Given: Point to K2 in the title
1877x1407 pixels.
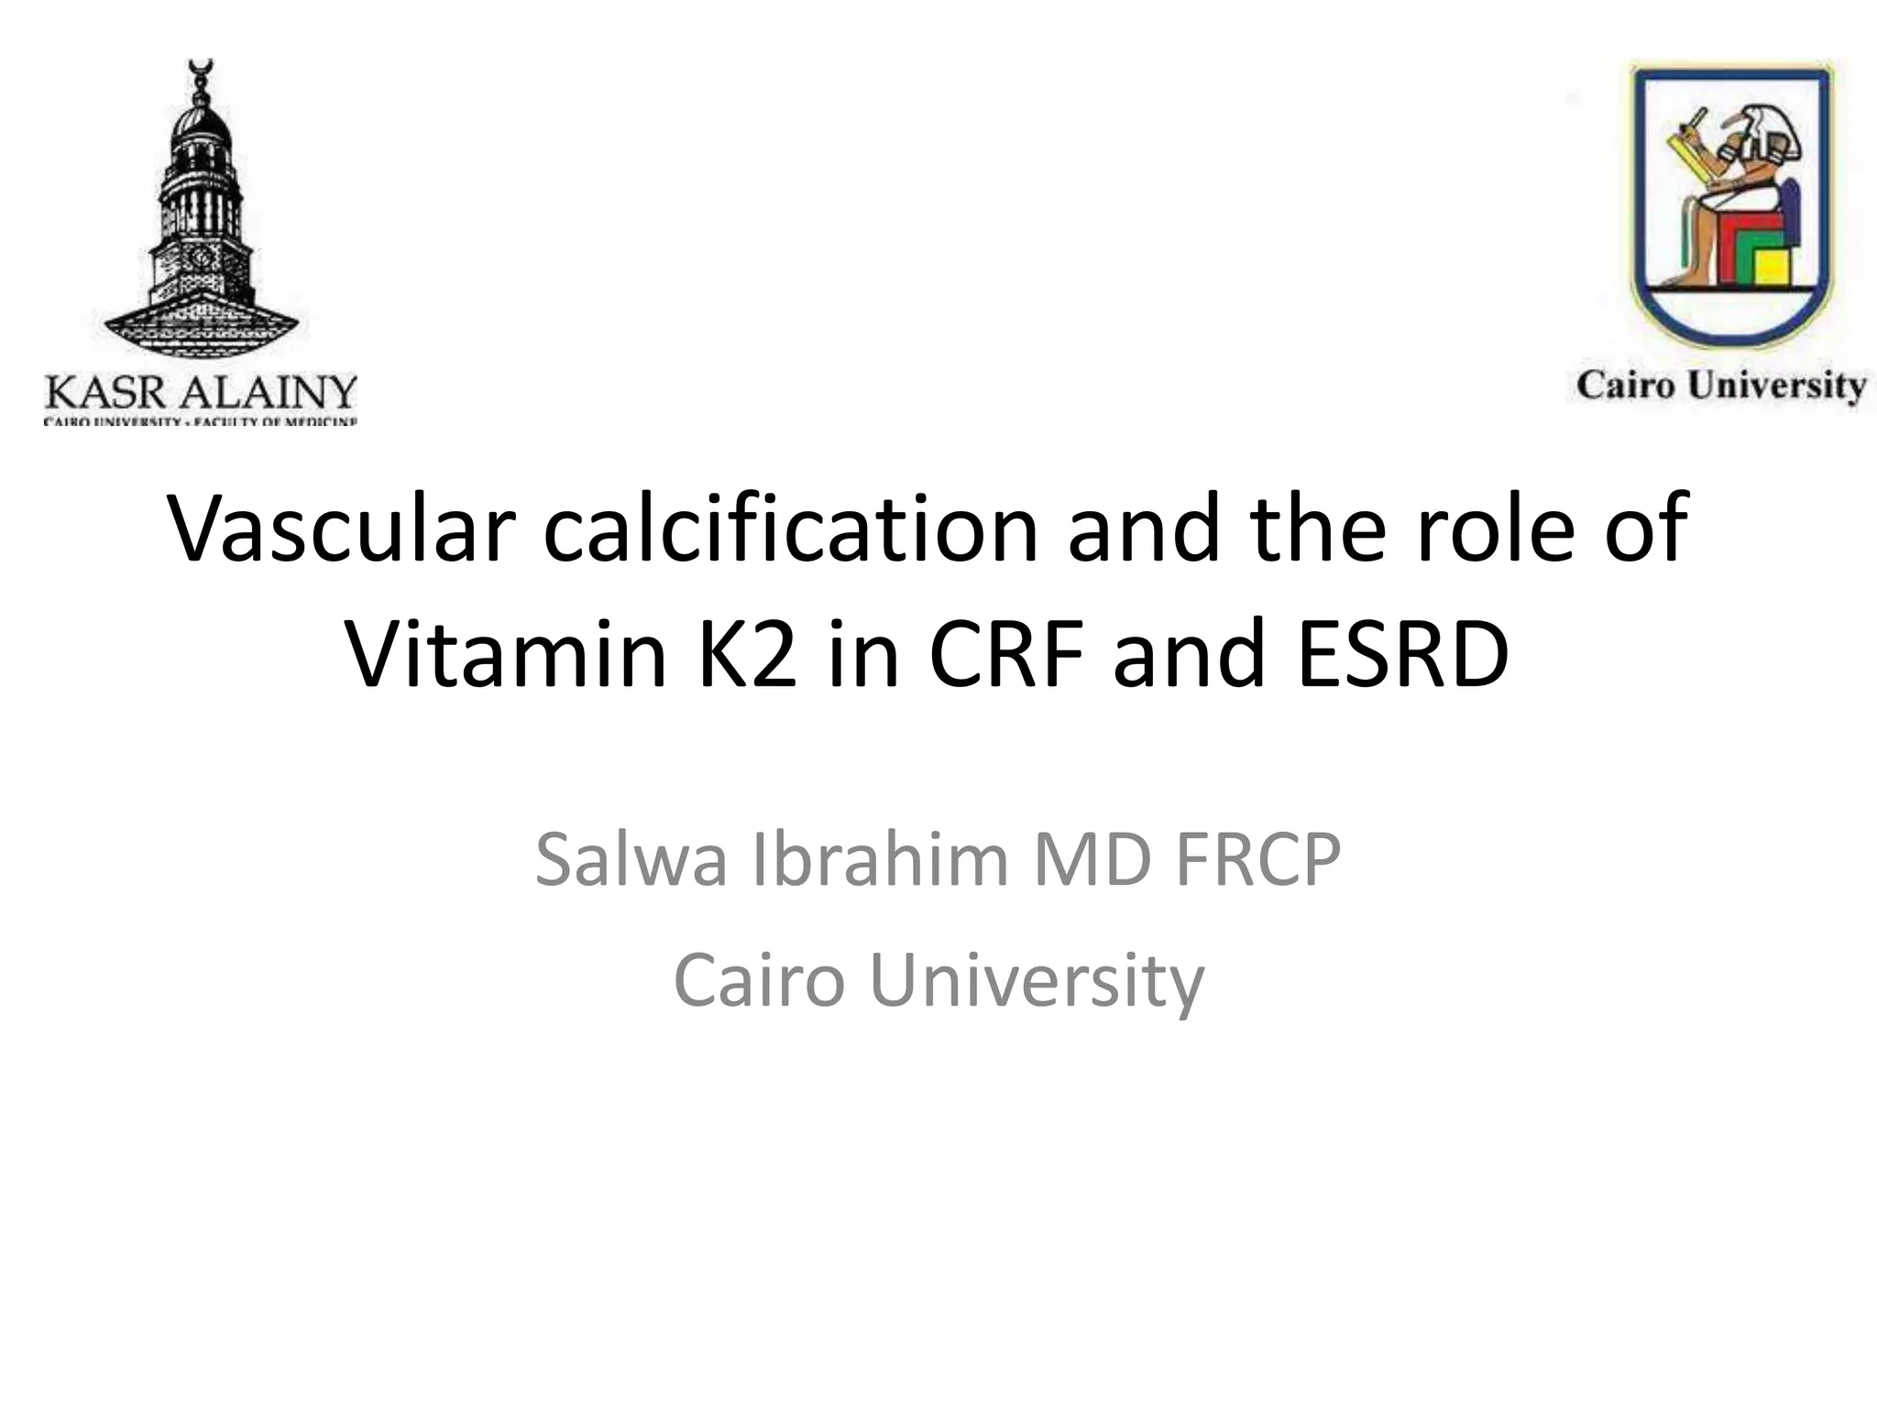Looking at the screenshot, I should (747, 654).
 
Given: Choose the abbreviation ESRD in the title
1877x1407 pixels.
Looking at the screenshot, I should (1402, 654).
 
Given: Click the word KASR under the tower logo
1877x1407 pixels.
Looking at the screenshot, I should (105, 394).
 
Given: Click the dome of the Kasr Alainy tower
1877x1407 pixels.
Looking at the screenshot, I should (200, 128).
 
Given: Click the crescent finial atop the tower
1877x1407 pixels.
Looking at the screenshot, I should (199, 66).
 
